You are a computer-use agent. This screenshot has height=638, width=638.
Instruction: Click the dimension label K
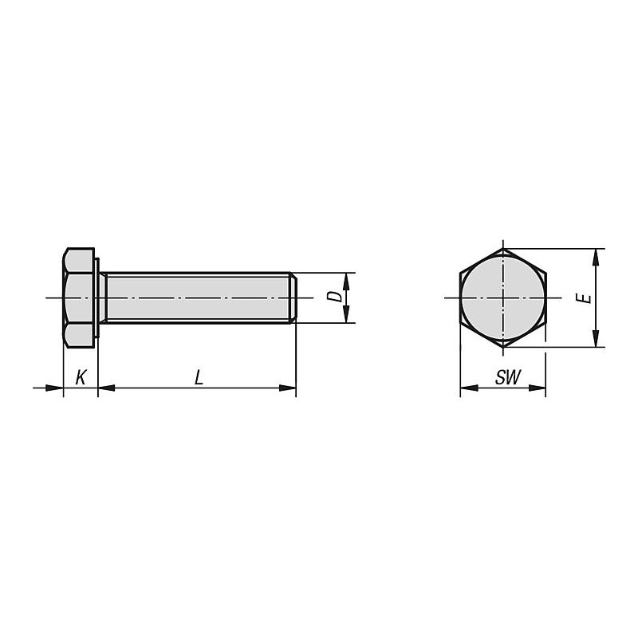[x=81, y=377]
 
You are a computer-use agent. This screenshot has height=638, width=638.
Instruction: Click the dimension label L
[x=199, y=377]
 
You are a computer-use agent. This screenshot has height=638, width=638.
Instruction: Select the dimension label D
[x=335, y=296]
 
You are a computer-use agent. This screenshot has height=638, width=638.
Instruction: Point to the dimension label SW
[x=508, y=377]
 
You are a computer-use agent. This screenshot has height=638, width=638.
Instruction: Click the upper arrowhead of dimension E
[x=596, y=257]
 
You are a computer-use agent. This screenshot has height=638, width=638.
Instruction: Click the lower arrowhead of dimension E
[x=596, y=338]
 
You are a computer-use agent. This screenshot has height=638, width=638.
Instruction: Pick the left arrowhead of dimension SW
[x=469, y=388]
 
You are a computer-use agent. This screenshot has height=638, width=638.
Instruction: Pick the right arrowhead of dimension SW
[x=537, y=388]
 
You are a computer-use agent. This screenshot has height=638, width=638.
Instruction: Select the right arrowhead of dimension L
[x=287, y=388]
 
